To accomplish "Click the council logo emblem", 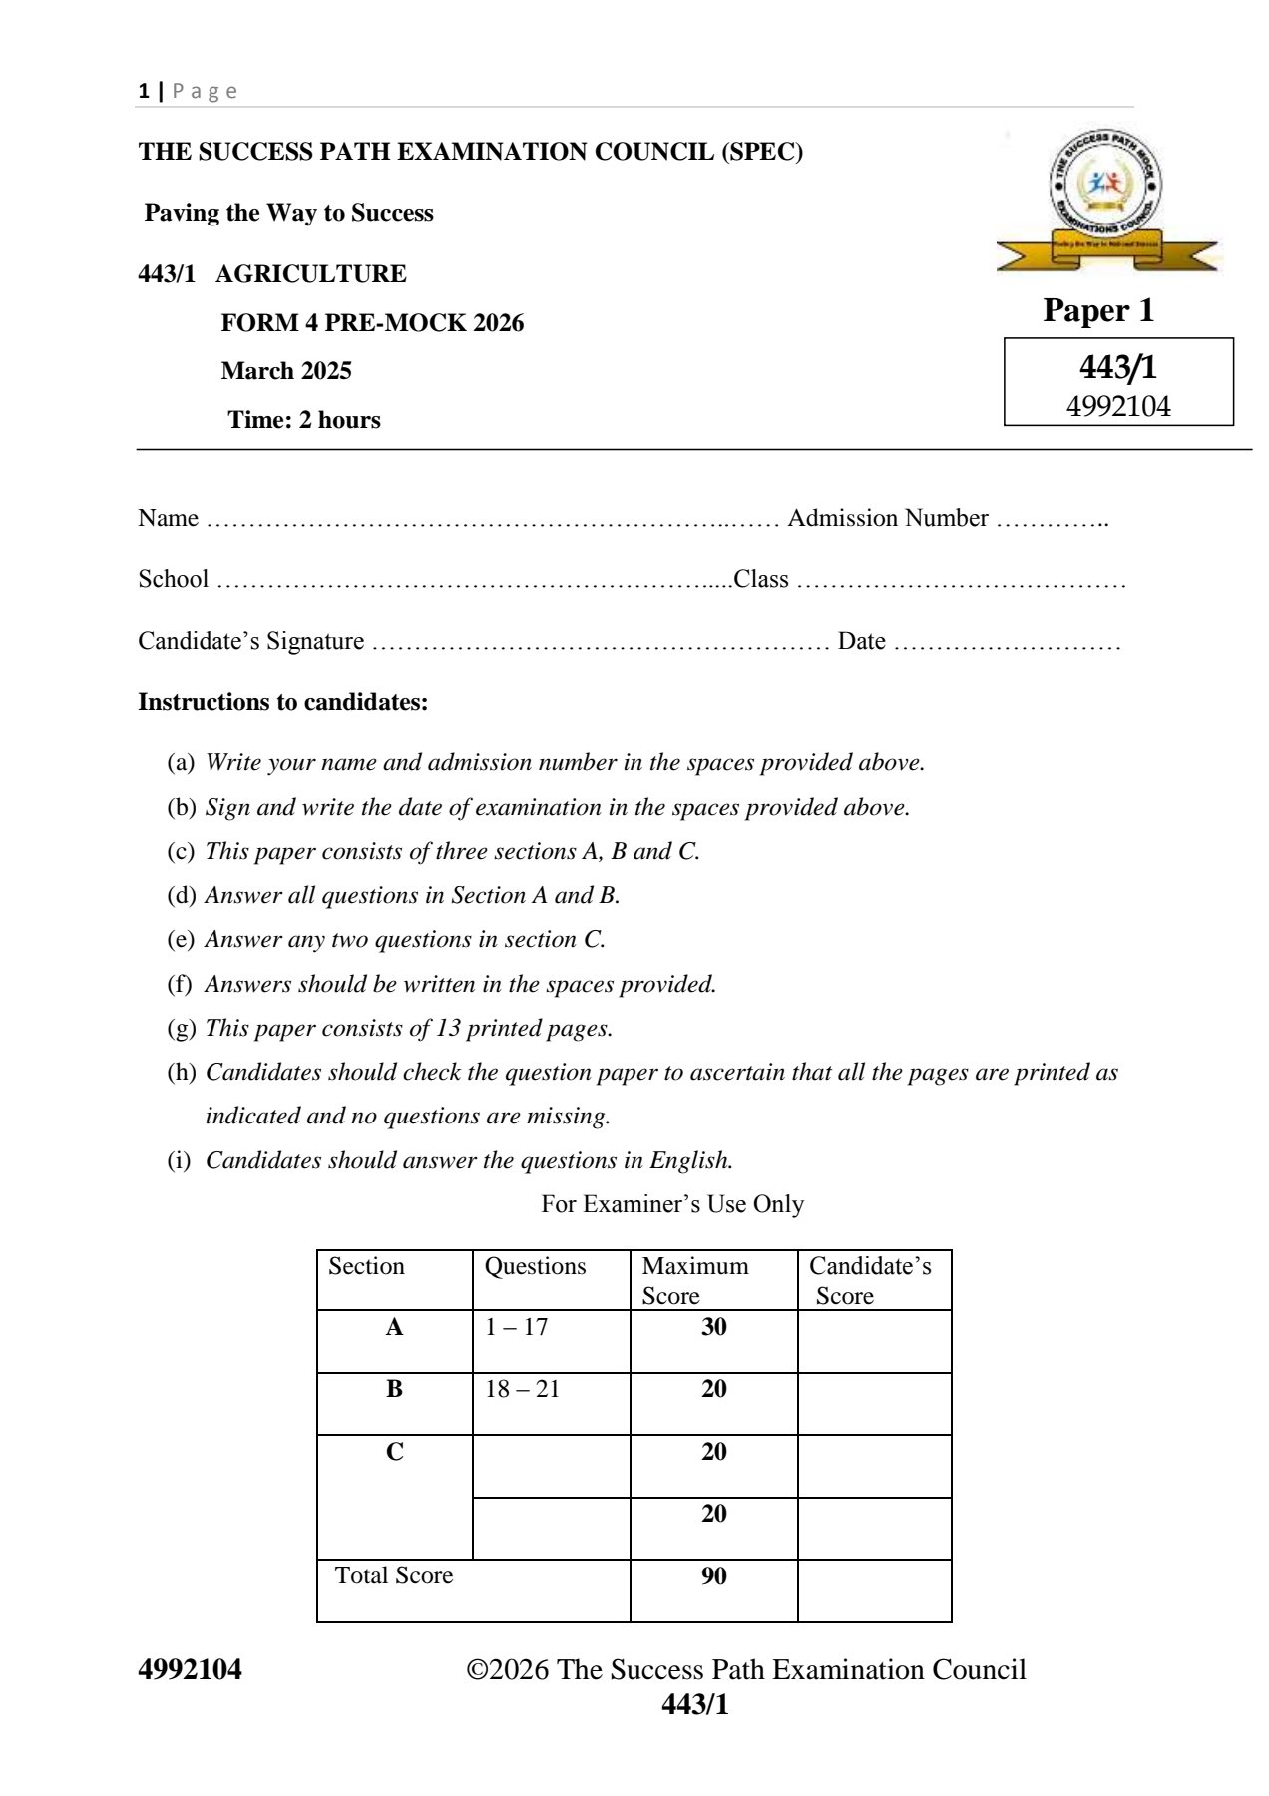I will click(x=1105, y=200).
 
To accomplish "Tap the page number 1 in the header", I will click(x=144, y=91).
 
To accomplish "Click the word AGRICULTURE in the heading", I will click(x=311, y=274).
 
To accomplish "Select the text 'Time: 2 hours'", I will click(x=304, y=420).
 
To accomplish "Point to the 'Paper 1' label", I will click(x=1098, y=310).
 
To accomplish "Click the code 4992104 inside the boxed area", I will click(x=1118, y=407).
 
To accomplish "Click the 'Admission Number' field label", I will click(x=888, y=518).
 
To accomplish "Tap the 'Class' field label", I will click(x=761, y=579).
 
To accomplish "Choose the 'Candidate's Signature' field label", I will click(x=251, y=641).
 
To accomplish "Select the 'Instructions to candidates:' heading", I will click(x=283, y=702).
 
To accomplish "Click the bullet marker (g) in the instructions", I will click(x=182, y=1028).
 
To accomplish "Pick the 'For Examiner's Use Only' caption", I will click(x=672, y=1204).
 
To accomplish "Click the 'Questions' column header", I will click(x=536, y=1266).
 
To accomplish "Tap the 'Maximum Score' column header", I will click(x=695, y=1281).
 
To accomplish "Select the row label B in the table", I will click(x=395, y=1389).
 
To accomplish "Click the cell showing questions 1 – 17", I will click(x=517, y=1327).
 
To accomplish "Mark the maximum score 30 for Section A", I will click(x=714, y=1327).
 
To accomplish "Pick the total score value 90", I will click(x=714, y=1576).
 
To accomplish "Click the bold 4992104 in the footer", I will click(x=191, y=1670).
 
